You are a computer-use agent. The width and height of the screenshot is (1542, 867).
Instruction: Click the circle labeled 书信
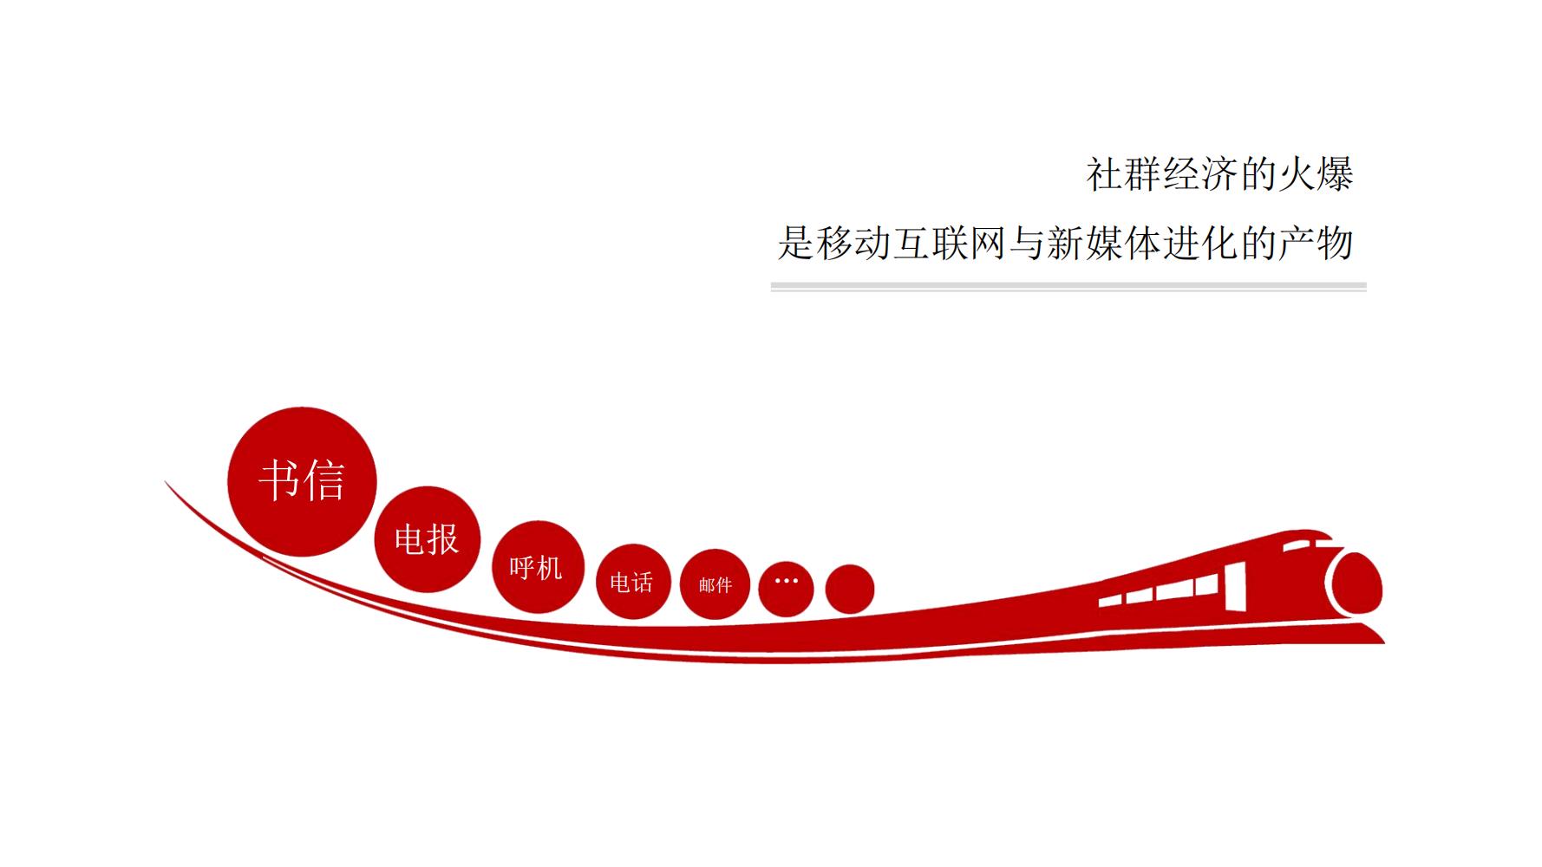click(302, 481)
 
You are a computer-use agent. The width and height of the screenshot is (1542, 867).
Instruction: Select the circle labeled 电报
click(427, 539)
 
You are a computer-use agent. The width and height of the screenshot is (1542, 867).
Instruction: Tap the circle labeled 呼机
click(538, 567)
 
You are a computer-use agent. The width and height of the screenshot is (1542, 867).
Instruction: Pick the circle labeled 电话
click(633, 582)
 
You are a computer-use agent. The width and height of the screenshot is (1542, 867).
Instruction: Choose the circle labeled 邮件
click(715, 585)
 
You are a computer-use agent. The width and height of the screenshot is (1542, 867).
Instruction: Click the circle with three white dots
click(786, 589)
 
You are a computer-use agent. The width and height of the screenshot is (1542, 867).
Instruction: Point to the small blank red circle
click(849, 589)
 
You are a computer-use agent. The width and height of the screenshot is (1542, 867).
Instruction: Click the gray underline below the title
click(1068, 285)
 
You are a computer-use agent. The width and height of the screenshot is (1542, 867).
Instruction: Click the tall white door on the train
click(1235, 585)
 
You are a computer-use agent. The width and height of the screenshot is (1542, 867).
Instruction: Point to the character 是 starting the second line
click(796, 243)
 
